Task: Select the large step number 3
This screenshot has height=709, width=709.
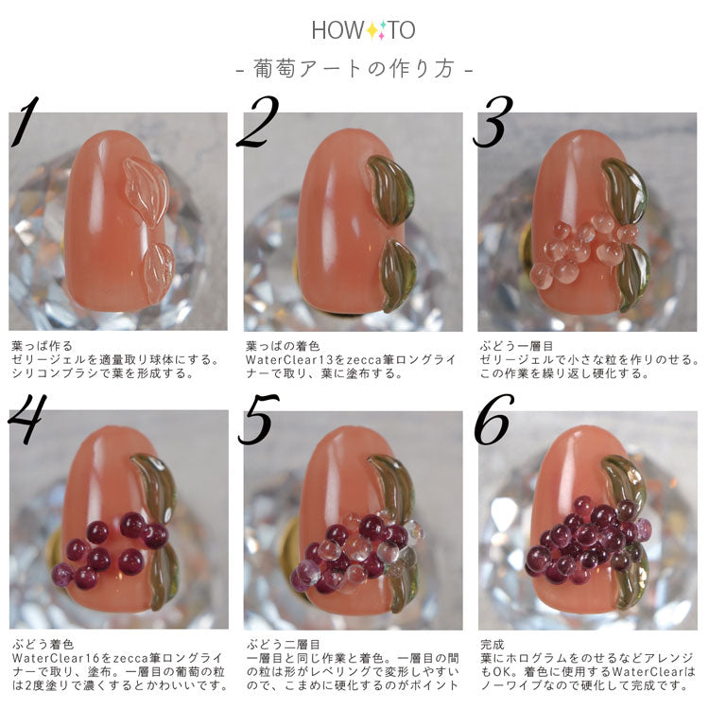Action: (x=493, y=121)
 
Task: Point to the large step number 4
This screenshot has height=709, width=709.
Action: (x=27, y=418)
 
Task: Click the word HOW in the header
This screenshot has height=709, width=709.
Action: (x=337, y=30)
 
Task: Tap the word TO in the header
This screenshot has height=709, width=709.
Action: (x=401, y=30)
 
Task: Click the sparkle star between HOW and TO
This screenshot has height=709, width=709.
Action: (x=375, y=30)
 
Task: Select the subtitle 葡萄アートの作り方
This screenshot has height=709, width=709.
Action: (x=354, y=69)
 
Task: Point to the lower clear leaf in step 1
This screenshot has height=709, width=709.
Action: (x=158, y=272)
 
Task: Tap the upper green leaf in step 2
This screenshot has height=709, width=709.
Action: (x=391, y=190)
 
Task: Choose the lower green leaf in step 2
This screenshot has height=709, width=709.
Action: (x=396, y=275)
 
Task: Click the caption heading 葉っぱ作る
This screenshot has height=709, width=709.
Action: (x=43, y=346)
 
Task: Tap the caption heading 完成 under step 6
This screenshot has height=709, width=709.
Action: (x=492, y=644)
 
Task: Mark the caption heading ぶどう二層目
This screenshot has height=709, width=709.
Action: (x=284, y=644)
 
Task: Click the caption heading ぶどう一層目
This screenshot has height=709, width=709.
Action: (x=516, y=346)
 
